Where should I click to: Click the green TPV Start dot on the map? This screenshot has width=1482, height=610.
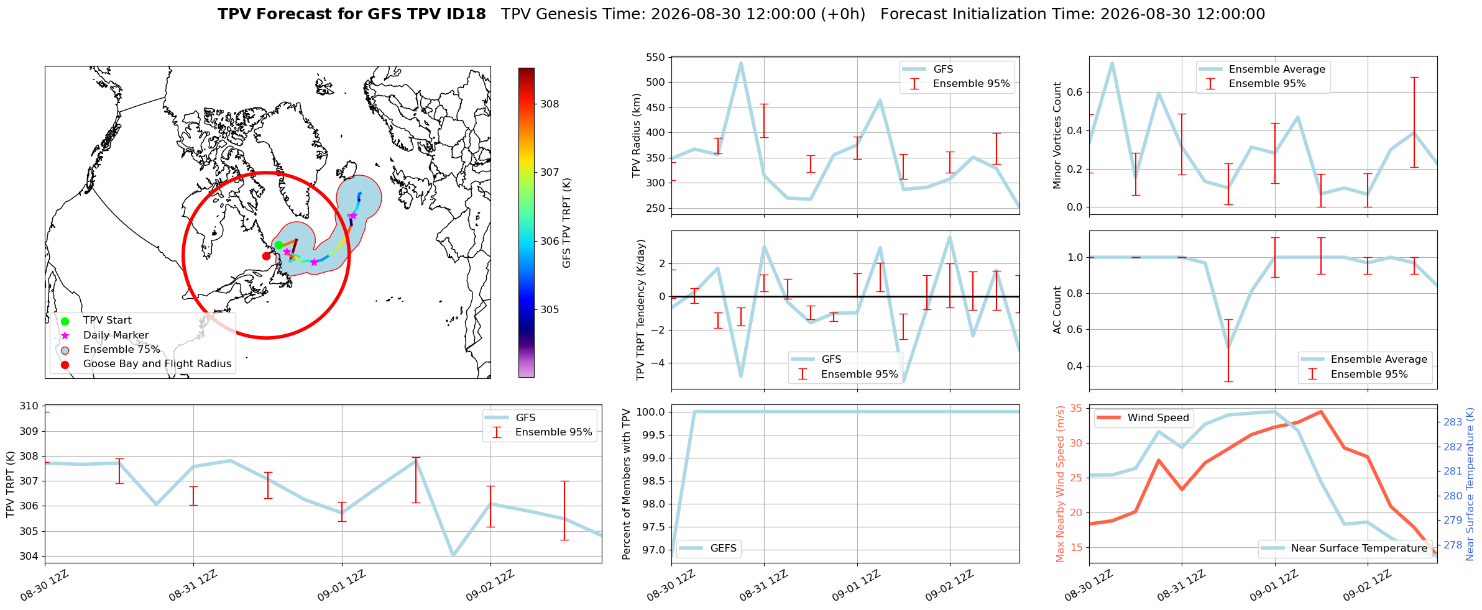coord(278,245)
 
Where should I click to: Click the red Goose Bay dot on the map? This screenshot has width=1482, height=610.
coord(266,256)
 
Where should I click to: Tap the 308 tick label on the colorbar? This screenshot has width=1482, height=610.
coord(550,104)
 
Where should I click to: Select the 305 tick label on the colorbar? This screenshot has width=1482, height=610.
coord(550,310)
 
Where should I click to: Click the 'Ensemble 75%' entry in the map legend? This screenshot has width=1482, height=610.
coord(122,350)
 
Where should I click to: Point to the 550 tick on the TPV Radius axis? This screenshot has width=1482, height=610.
coord(656,58)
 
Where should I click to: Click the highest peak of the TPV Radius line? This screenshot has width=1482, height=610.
coord(741,62)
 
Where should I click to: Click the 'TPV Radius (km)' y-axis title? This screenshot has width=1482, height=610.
coord(636,135)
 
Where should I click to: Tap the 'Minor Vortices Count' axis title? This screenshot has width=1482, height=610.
coord(1057,135)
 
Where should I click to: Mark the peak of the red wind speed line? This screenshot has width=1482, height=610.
coord(1321,411)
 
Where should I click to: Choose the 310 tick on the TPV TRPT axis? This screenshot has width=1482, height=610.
coord(29,406)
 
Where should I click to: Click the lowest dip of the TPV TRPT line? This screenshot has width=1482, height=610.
coord(453,555)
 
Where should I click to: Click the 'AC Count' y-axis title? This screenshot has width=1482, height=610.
coord(1057,310)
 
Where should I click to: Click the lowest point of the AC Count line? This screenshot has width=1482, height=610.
coord(1228,348)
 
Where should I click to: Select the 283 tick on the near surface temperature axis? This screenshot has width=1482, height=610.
coord(1453,422)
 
